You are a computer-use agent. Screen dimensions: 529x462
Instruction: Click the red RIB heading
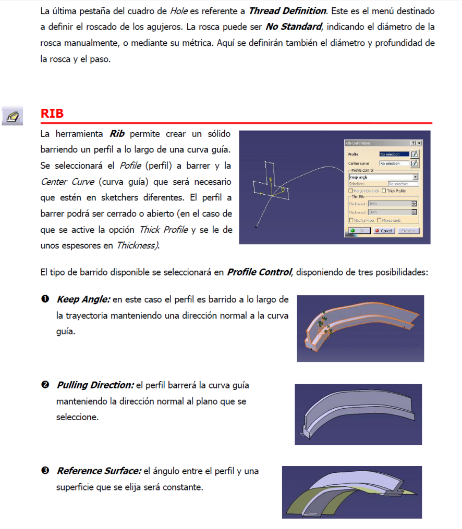coord(52,114)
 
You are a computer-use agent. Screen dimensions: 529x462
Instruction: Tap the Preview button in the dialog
coord(408,231)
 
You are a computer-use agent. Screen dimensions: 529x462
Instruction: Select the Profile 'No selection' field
coord(394,154)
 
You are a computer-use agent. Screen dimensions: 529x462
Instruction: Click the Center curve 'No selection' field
coord(394,163)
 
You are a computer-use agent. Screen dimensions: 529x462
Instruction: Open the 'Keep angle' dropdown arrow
coord(415,177)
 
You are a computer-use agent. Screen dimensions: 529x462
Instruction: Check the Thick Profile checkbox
coord(384,191)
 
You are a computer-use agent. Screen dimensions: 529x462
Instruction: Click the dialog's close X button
coord(419,143)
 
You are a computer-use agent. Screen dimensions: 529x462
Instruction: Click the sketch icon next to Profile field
coord(415,154)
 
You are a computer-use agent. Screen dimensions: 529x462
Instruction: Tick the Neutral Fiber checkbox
coord(350,220)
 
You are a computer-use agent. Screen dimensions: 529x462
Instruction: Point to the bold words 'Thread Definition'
coord(287,11)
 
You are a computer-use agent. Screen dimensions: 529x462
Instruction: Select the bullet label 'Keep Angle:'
coord(83,299)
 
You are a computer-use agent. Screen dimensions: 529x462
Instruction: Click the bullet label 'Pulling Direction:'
coord(95,385)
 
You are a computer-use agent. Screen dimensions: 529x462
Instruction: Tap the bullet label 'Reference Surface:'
coord(99,471)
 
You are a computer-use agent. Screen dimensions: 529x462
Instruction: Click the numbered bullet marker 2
coord(45,385)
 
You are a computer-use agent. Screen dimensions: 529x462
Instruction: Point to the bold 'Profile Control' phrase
coord(259,272)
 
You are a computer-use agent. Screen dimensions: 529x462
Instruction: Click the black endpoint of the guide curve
coord(256,226)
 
